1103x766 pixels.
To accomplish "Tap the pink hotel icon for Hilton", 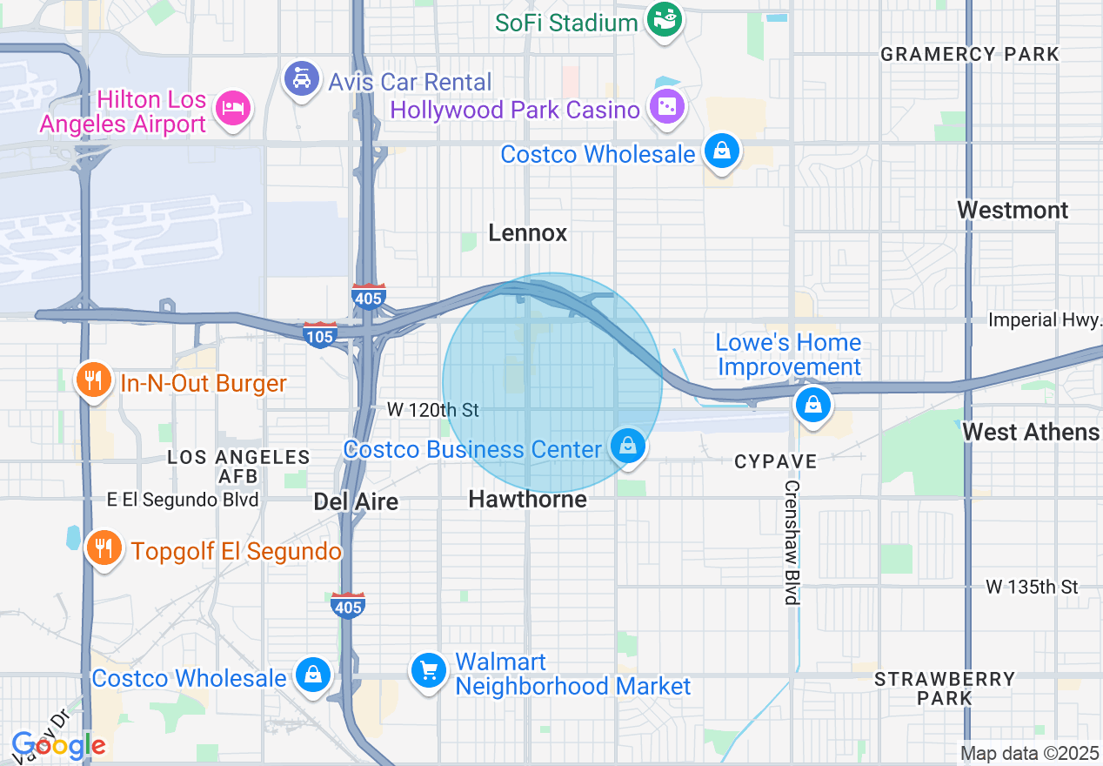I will point(233,108).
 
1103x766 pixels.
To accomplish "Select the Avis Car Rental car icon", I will point(301,80).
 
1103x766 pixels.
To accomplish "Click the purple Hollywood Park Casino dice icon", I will point(667,108).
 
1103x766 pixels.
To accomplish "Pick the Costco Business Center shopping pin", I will point(626,447).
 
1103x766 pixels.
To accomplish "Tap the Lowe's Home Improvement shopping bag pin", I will point(812,405).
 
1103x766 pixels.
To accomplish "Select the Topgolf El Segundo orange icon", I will point(104,548).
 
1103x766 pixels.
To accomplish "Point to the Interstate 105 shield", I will point(320,334).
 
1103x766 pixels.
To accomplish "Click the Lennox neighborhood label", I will point(527,232).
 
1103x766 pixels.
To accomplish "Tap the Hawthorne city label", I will point(527,499).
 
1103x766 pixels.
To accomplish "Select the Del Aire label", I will point(356,501).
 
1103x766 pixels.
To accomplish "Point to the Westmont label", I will point(1013,210).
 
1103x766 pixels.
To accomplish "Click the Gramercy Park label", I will point(970,54).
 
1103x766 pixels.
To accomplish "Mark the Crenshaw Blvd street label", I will point(792,542).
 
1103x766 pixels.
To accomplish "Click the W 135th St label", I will point(1032,587).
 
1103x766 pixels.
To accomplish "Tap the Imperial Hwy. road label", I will point(1045,320).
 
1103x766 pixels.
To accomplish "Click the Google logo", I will point(59,745).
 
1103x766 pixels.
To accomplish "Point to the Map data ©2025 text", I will point(1029,753).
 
